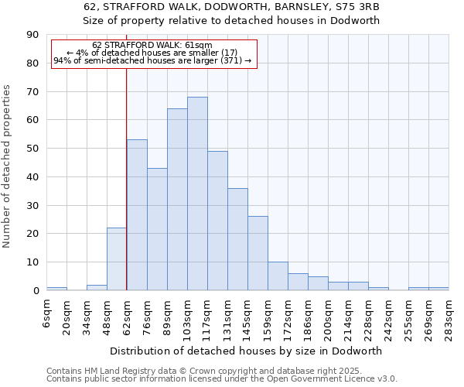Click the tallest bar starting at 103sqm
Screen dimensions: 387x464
197,193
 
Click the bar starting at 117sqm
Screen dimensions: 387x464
217,221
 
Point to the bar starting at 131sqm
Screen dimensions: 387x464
237,239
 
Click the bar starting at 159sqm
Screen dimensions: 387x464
278,276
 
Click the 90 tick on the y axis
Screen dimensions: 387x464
33,35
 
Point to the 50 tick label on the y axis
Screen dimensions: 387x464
33,149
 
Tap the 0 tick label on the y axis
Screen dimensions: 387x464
36,291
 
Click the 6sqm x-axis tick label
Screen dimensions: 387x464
47,313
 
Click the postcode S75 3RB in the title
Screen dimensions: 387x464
357,7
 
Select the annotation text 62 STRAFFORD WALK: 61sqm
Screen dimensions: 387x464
152,46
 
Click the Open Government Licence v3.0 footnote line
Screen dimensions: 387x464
222,378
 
